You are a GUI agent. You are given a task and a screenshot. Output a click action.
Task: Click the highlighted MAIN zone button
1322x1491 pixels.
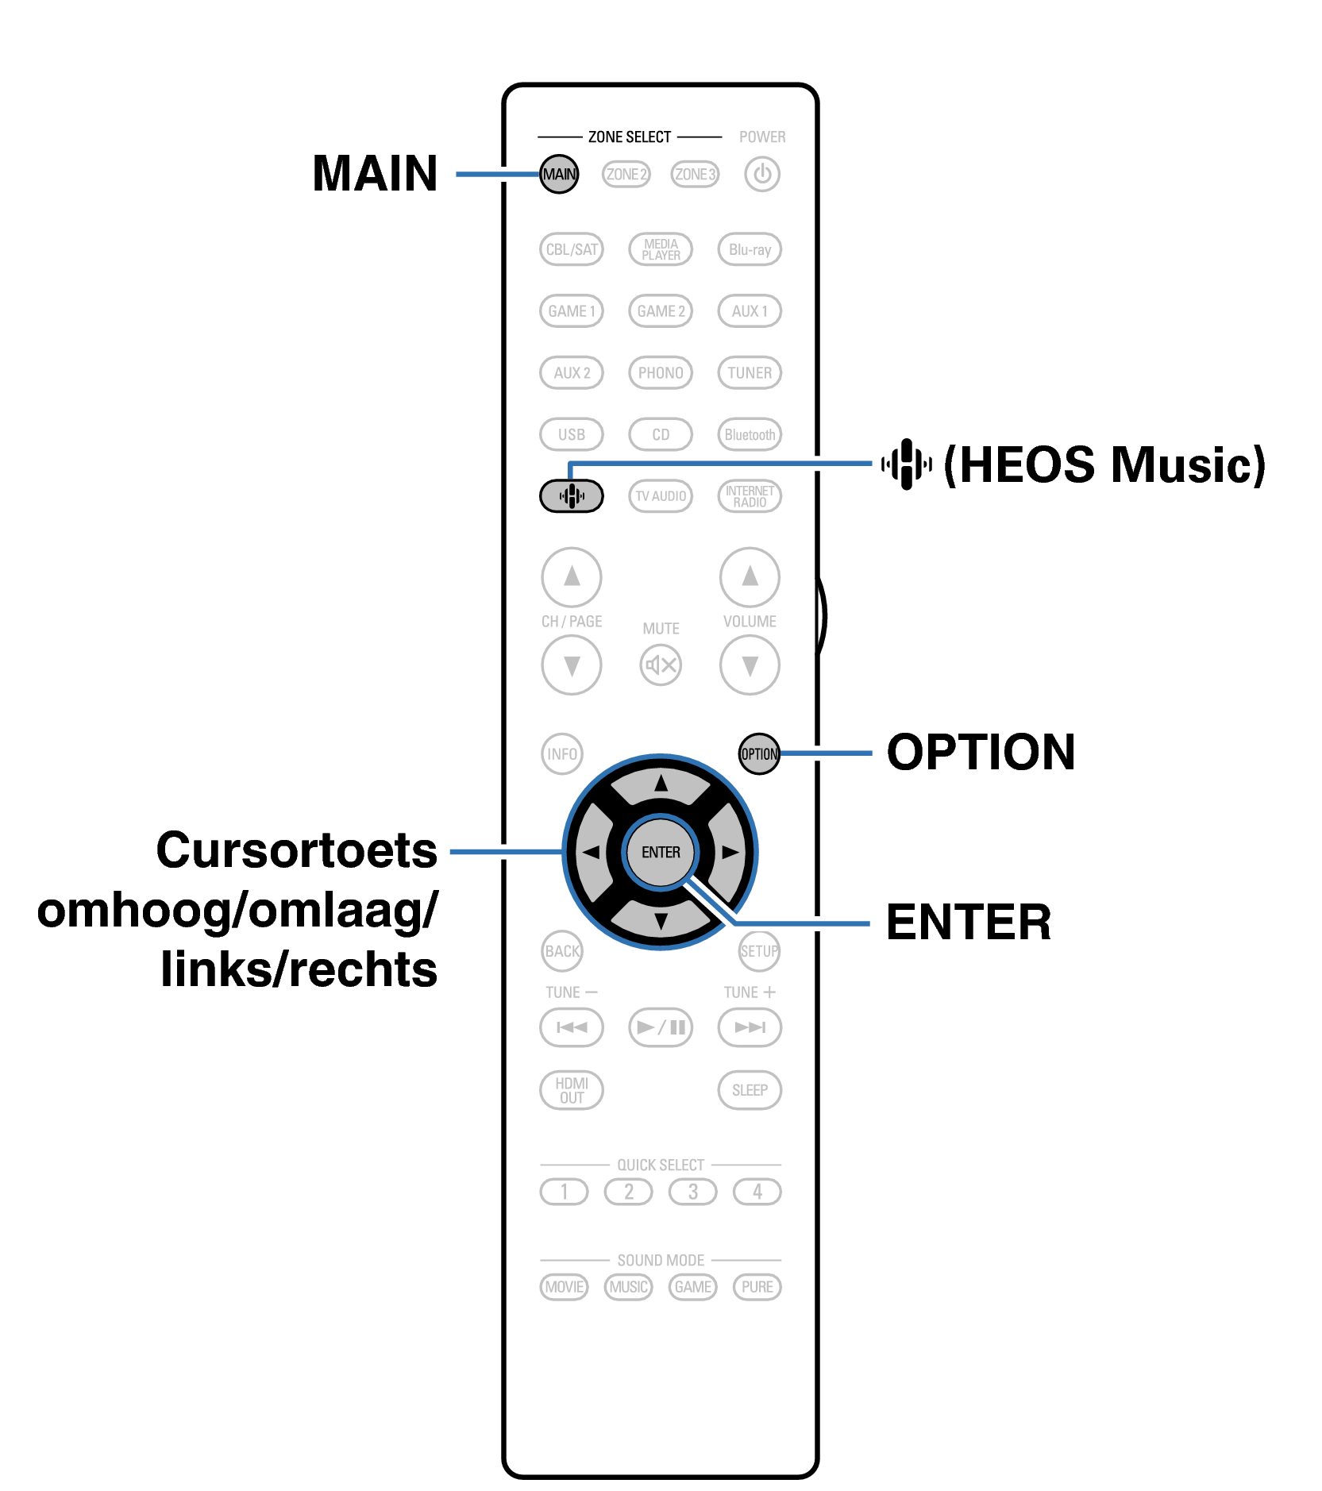pyautogui.click(x=559, y=174)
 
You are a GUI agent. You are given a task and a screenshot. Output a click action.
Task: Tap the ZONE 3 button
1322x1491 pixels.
pyautogui.click(x=695, y=174)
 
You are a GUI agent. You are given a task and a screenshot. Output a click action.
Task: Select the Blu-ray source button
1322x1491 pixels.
pyautogui.click(x=750, y=249)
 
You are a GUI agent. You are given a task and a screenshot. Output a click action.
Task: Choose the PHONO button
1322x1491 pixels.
pyautogui.click(x=660, y=372)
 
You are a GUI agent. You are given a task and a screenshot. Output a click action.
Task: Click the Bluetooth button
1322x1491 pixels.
pyautogui.click(x=750, y=434)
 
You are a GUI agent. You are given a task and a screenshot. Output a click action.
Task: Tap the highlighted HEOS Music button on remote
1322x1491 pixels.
pyautogui.click(x=571, y=496)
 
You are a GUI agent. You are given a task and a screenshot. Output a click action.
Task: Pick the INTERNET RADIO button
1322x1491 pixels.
pyautogui.click(x=750, y=496)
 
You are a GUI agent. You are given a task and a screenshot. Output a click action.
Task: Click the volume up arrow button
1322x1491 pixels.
pyautogui.click(x=750, y=577)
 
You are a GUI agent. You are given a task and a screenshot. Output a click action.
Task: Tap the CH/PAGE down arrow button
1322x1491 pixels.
pyautogui.click(x=571, y=665)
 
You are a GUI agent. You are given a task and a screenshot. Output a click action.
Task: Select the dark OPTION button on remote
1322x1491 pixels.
pyautogui.click(x=759, y=753)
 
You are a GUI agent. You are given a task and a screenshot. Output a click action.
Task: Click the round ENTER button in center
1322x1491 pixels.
pyautogui.click(x=661, y=852)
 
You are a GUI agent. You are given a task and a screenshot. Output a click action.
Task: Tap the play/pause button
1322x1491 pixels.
pyautogui.click(x=660, y=1027)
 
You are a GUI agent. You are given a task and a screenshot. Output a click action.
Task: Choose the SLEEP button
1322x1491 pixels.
pyautogui.click(x=750, y=1090)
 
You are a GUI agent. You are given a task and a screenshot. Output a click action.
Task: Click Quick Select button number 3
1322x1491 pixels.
pyautogui.click(x=692, y=1192)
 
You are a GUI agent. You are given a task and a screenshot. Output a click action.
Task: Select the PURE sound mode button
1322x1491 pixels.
pyautogui.click(x=757, y=1287)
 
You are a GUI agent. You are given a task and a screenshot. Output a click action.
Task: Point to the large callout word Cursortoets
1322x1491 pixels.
pyautogui.click(x=296, y=850)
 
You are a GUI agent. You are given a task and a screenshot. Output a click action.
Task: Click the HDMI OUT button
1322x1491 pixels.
pyautogui.click(x=571, y=1090)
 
